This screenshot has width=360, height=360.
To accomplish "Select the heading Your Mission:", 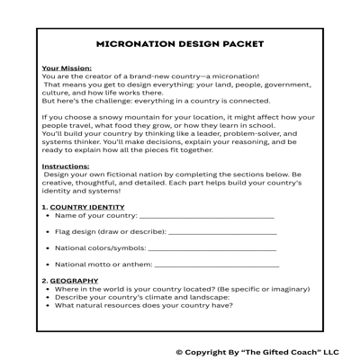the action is (67, 67).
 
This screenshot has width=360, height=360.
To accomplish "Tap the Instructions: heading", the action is (66, 166).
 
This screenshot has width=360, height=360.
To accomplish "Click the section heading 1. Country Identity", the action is (84, 207).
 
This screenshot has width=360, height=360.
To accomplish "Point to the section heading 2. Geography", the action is (70, 281).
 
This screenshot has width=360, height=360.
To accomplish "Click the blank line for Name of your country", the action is (206, 218).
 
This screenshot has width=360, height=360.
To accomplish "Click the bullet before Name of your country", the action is (47, 217).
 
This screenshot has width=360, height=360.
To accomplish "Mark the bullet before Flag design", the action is (47, 232).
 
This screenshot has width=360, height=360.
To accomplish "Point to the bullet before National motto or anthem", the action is (47, 265).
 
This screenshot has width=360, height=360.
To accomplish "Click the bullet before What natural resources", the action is (47, 305).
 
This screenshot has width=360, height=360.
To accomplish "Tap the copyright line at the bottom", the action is (256, 352).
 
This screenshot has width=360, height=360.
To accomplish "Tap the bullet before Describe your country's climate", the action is (47, 297).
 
